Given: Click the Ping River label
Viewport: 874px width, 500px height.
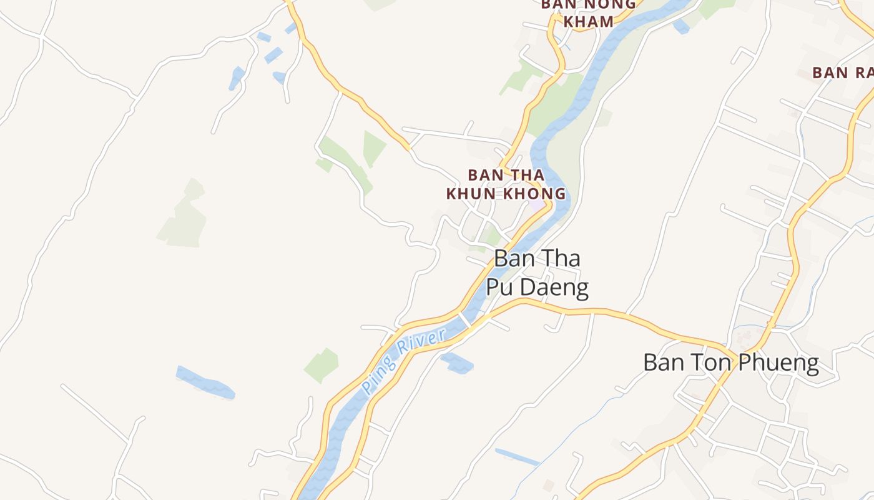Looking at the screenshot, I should tap(405, 361).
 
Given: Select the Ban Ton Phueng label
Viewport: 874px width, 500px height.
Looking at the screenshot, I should tap(731, 363).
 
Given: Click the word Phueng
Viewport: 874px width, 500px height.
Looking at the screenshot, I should tap(781, 363).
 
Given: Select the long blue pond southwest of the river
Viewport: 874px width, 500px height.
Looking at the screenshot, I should tap(205, 383).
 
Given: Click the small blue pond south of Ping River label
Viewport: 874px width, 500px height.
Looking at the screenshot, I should tap(457, 362).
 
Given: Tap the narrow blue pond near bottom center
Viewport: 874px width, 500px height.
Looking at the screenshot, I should tap(517, 457).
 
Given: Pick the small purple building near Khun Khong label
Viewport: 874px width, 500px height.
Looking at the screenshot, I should tap(537, 206).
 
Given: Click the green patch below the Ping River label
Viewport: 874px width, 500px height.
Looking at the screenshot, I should tap(322, 365).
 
